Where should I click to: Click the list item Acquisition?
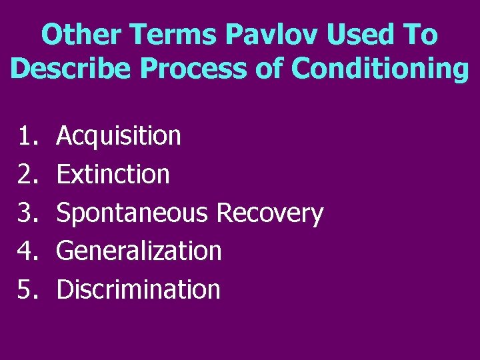click(119, 136)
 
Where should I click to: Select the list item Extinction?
click(113, 175)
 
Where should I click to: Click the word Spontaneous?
click(133, 213)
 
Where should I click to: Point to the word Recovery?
click(270, 213)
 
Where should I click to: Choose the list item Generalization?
click(139, 251)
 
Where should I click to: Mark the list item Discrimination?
click(138, 289)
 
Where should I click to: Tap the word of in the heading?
click(271, 69)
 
